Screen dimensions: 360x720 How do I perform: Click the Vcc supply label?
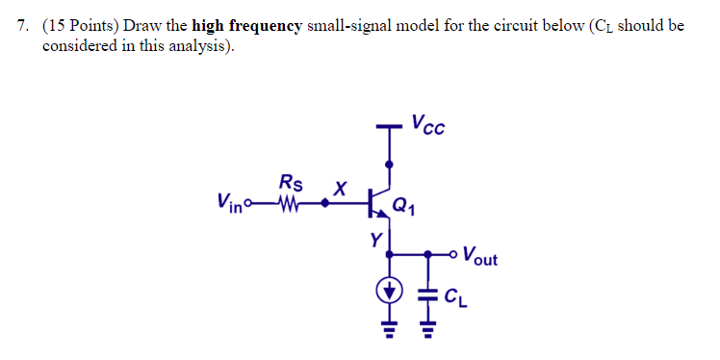427,125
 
